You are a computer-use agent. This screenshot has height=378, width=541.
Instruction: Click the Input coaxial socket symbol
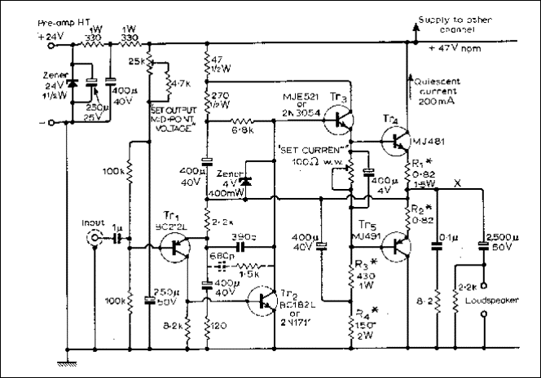[96, 240]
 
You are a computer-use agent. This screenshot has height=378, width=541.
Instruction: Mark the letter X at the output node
[459, 184]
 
